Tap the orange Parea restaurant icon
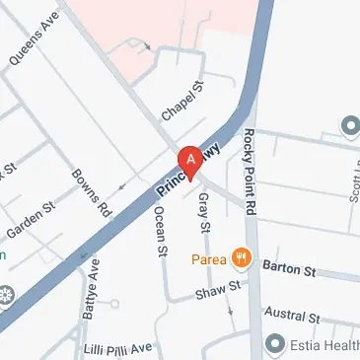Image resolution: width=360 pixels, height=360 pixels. [239, 259]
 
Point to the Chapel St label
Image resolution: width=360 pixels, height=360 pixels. [180, 102]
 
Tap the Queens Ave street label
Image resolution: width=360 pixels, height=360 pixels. [34, 39]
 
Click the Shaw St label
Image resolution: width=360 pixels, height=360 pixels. [218, 290]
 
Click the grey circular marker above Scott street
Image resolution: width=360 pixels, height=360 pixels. [349, 126]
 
